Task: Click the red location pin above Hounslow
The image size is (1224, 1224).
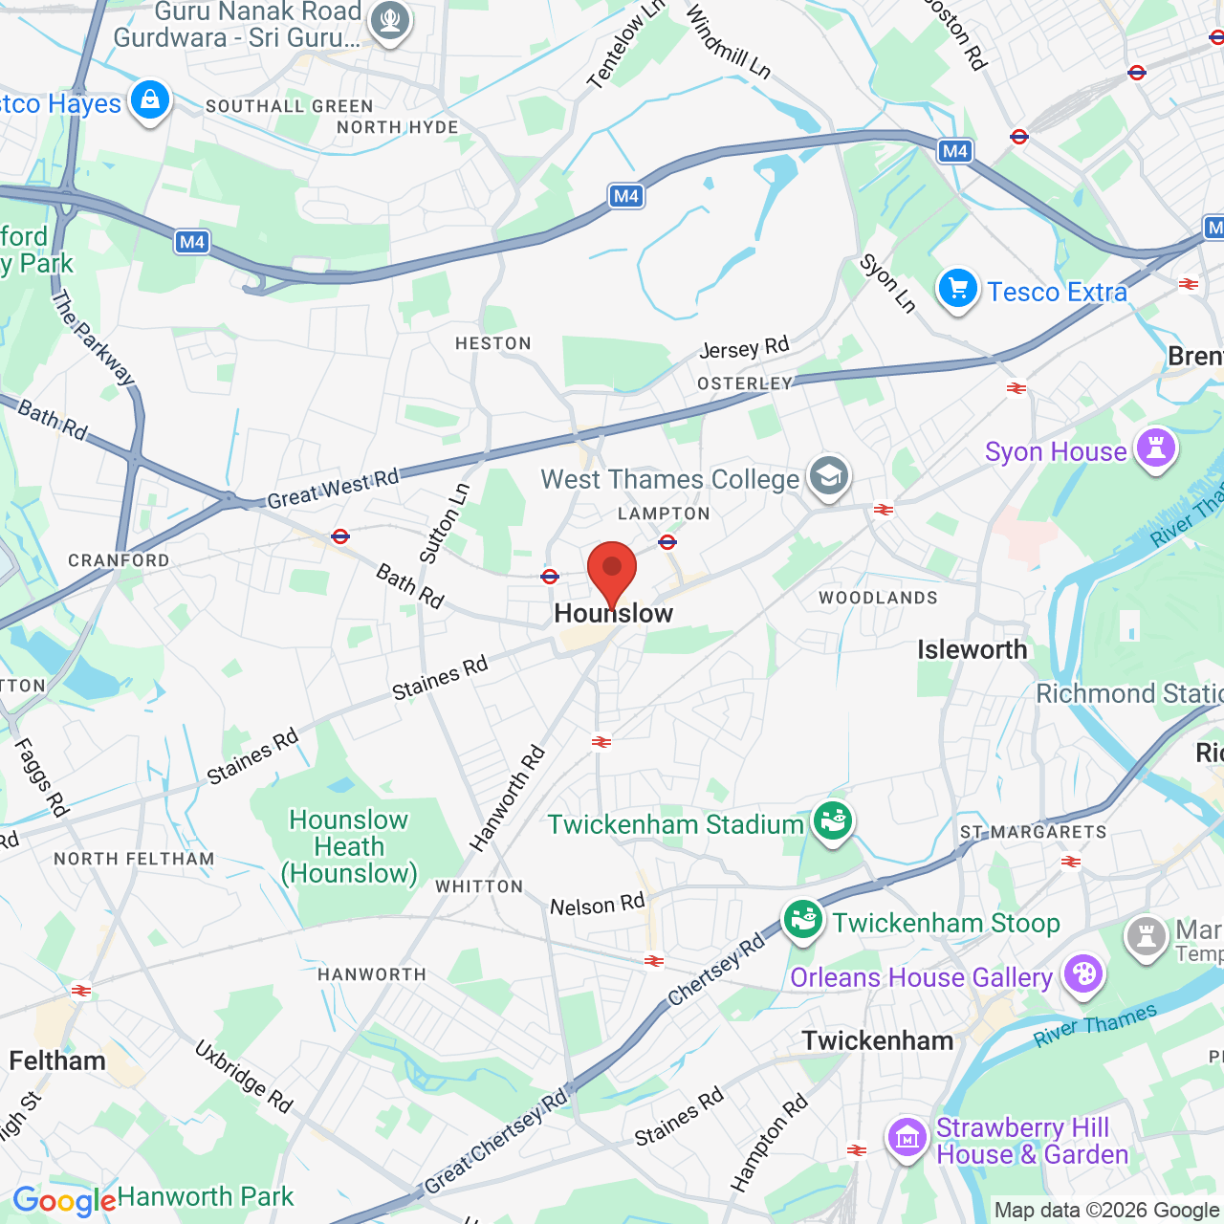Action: click(x=612, y=570)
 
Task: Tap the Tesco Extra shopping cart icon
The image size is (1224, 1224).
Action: click(x=957, y=289)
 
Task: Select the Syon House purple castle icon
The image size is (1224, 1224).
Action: click(x=1155, y=448)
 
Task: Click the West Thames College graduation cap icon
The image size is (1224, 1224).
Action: click(x=828, y=475)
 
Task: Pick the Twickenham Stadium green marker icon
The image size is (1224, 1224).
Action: click(x=833, y=820)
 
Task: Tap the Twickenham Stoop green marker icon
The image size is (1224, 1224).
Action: click(x=803, y=920)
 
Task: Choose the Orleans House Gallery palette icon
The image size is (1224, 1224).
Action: click(x=1083, y=974)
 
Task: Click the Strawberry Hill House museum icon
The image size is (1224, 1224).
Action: click(x=907, y=1137)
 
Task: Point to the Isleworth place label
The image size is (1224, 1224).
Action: click(x=972, y=650)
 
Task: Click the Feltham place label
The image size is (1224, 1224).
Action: click(x=57, y=1061)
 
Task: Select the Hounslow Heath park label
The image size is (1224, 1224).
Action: click(x=349, y=847)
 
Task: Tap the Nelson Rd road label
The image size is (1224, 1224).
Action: click(x=598, y=905)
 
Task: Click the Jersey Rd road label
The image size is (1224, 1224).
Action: click(x=744, y=348)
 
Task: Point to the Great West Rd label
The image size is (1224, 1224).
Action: click(x=333, y=490)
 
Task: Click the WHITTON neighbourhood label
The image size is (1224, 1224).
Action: click(x=479, y=887)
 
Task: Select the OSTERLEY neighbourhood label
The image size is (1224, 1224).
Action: click(x=745, y=383)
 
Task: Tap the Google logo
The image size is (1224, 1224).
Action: click(x=64, y=1201)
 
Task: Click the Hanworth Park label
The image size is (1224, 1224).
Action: click(x=206, y=1197)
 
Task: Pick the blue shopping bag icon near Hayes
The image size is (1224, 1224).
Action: click(x=150, y=99)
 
